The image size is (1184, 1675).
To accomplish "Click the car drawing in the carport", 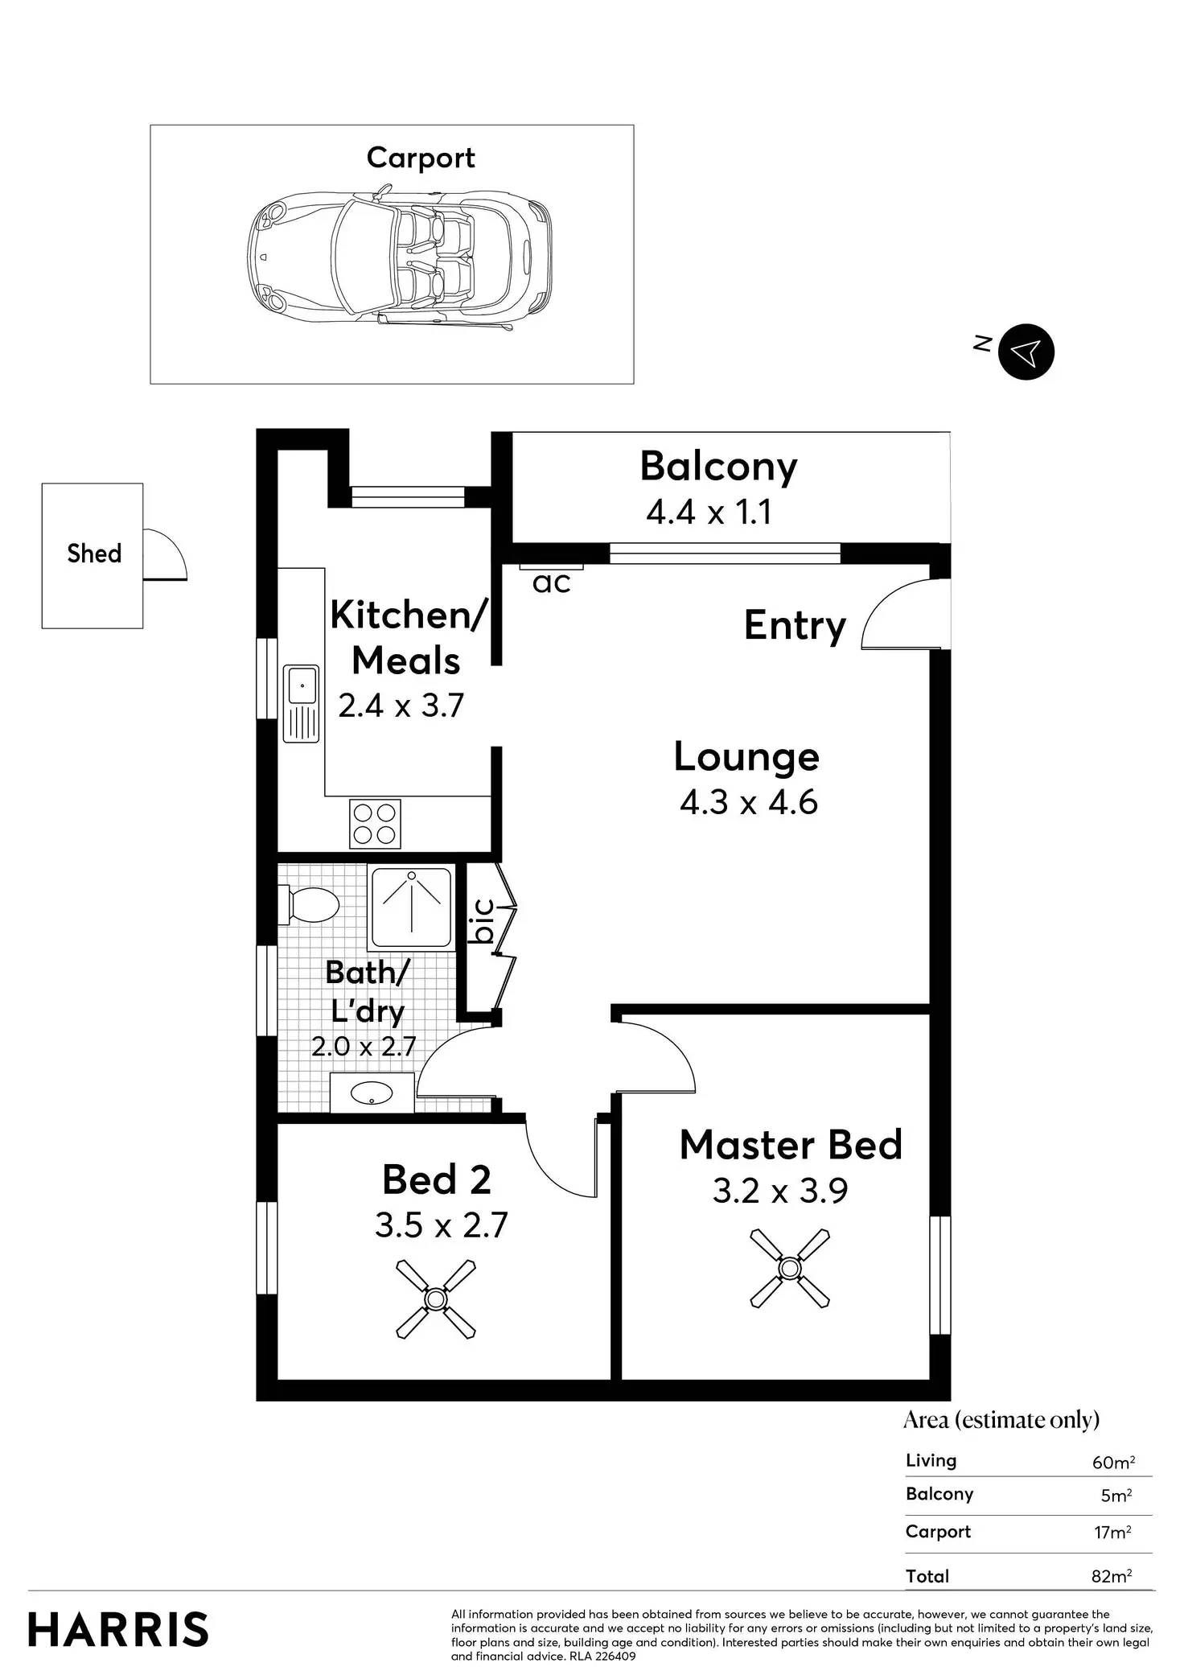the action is coord(400,257).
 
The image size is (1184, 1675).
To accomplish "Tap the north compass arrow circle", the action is coord(1026,352).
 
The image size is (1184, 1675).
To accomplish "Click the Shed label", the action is coord(94,554).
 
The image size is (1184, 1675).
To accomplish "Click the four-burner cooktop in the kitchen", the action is coord(375,824).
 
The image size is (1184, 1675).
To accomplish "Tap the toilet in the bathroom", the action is coord(308,905).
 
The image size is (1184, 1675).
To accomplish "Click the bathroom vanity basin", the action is coord(372,1093).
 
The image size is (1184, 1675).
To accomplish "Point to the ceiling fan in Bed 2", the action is coord(436,1299).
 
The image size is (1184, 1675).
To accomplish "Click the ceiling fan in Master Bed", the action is coord(790,1269).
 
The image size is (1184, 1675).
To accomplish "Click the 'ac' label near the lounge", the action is coord(552,582).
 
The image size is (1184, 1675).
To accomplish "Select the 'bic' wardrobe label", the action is coord(483,920).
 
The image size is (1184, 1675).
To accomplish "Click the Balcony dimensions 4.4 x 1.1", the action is coord(709,512).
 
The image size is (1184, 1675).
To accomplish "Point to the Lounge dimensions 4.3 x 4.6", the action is coord(749,802).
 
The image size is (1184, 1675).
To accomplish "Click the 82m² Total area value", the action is coord(1112,1576).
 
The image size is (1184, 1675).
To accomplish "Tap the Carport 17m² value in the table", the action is coord(1113,1532).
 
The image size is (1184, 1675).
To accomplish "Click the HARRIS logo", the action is coord(118,1630).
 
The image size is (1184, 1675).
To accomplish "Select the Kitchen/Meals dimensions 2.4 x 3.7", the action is coord(401,706).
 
